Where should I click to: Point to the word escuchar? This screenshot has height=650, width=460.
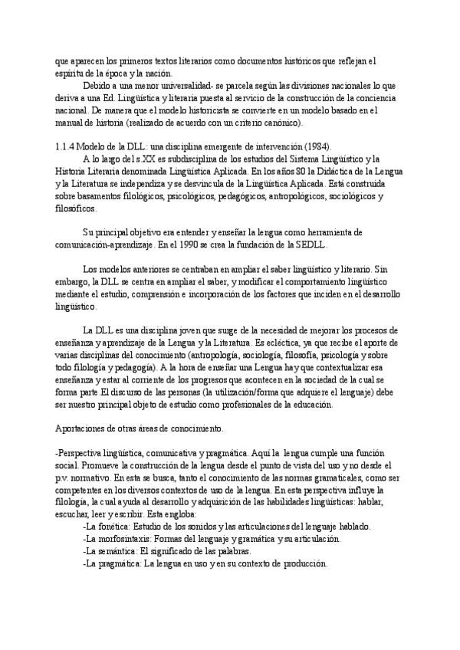pos(73,502)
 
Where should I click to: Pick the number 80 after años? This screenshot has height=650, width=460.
pos(287,172)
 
